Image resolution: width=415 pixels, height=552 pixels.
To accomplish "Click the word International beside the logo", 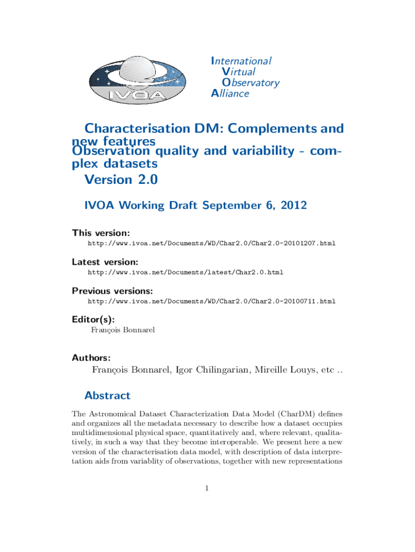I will point(241,61).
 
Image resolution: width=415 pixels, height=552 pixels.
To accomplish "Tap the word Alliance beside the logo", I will point(230,93).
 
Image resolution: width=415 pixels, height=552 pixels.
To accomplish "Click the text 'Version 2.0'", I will point(121,179).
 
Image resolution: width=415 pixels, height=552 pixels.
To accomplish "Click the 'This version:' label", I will point(101,233).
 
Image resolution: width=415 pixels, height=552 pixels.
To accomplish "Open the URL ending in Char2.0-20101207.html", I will point(211,244).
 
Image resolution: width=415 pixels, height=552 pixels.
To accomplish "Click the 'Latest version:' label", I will point(105,262).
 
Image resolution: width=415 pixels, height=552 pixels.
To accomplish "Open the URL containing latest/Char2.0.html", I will point(185,272).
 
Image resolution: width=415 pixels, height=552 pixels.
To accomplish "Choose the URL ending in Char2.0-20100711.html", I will point(211,301).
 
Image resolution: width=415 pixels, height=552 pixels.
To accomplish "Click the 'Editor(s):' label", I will point(93,319).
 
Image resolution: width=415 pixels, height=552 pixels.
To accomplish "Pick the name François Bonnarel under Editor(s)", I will point(123,330).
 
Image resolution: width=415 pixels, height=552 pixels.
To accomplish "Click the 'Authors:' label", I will point(92,357).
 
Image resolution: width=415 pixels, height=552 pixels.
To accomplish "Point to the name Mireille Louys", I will point(279,370).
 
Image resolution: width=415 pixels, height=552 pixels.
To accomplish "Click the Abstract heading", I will point(107,396).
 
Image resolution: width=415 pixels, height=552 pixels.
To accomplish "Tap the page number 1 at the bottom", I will point(207,488).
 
